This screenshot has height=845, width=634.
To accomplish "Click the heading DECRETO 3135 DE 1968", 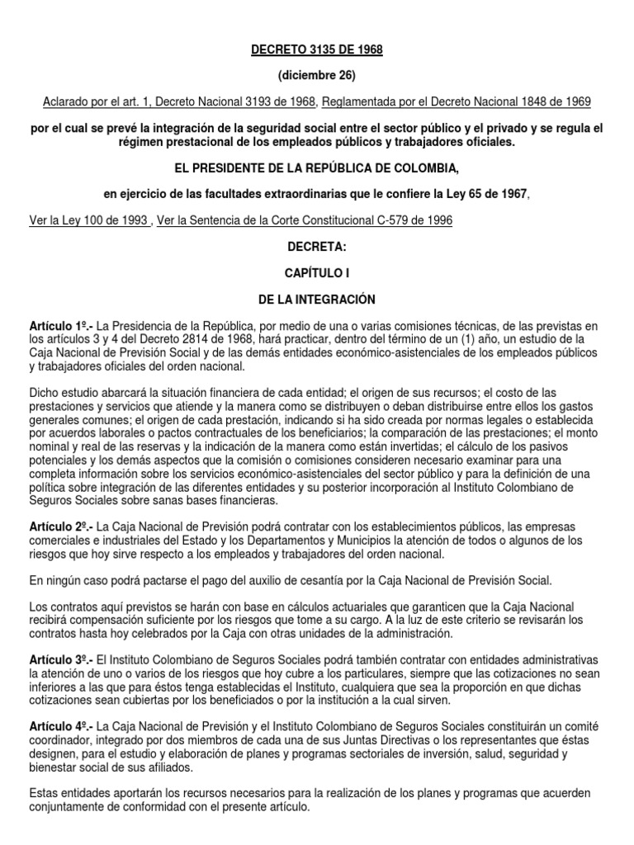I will (x=317, y=50).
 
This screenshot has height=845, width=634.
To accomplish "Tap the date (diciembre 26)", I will (x=317, y=75).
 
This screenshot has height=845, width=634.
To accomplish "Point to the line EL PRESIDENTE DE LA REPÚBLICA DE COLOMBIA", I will (x=317, y=168).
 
